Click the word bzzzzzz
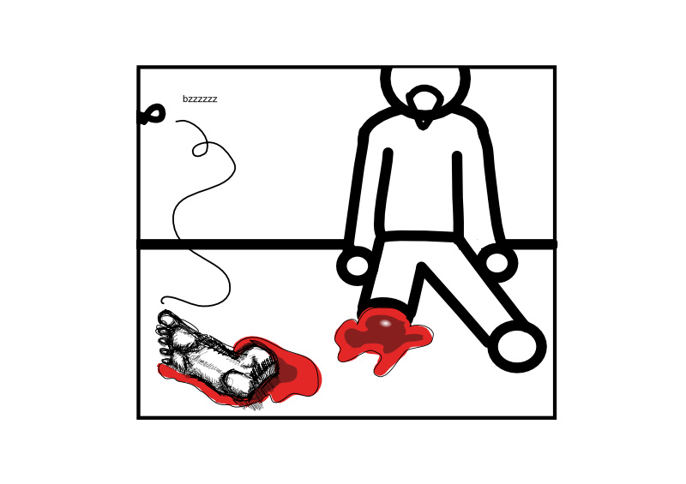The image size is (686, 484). [200, 99]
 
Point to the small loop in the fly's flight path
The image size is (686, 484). [200, 149]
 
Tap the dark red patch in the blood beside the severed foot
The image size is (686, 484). [286, 373]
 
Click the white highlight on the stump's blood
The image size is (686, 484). [385, 324]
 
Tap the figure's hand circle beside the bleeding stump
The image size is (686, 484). [358, 266]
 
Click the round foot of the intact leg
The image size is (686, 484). [517, 346]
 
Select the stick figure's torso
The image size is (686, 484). [422, 175]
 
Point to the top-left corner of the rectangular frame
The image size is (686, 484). [138, 67]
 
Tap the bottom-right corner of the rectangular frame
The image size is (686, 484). [555, 418]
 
